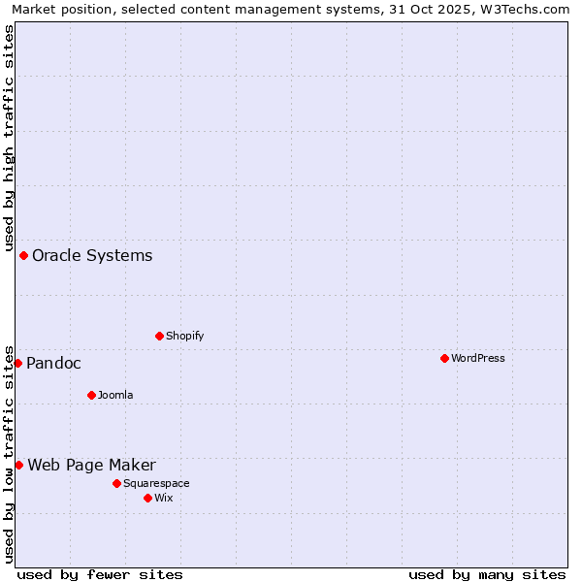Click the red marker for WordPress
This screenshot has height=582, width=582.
pos(444,358)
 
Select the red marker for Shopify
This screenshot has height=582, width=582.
pos(159,336)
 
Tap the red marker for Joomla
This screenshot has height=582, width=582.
pos(91,395)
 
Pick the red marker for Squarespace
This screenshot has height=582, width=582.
pos(116,483)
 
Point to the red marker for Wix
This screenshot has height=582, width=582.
pos(147,498)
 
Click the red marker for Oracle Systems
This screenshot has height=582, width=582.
pos(23,255)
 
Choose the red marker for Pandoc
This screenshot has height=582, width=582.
pos(17,363)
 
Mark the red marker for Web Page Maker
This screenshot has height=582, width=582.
pos(18,465)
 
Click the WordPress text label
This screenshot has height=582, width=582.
pos(478,358)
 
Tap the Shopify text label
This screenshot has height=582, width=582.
pos(185,336)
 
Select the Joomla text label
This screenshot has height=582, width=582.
pos(115,395)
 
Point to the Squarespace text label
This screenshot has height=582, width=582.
pos(156,483)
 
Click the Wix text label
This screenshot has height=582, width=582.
pos(164,498)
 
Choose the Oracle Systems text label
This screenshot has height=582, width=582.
pos(92,255)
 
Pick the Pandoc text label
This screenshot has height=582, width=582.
pos(53,363)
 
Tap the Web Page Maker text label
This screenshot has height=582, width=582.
pos(91,465)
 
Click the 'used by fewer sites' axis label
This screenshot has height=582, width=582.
pos(100,574)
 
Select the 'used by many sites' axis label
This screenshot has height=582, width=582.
pos(487,574)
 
